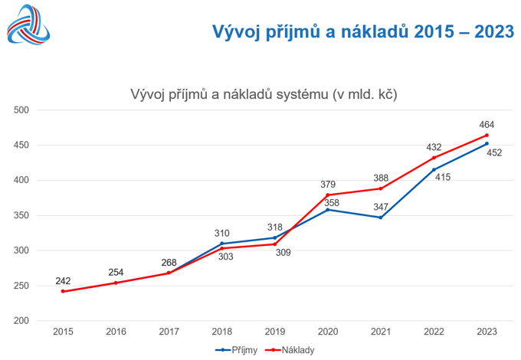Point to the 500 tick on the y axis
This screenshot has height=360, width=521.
[x=21, y=110]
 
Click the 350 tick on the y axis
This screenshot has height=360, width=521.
[x=21, y=215]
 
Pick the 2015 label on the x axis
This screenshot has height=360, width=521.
[x=63, y=332]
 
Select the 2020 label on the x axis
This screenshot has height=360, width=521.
[x=327, y=332]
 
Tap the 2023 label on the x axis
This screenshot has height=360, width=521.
[x=487, y=332]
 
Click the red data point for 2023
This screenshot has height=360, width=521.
[x=487, y=136]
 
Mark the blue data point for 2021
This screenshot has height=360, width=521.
[x=381, y=218]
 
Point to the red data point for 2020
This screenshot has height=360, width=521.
[x=327, y=195]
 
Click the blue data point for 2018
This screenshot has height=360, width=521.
[x=221, y=244]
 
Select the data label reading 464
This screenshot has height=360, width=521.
[x=487, y=124]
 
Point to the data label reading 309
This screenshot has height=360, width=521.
[x=283, y=254]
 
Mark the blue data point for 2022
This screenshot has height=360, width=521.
[x=434, y=169]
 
